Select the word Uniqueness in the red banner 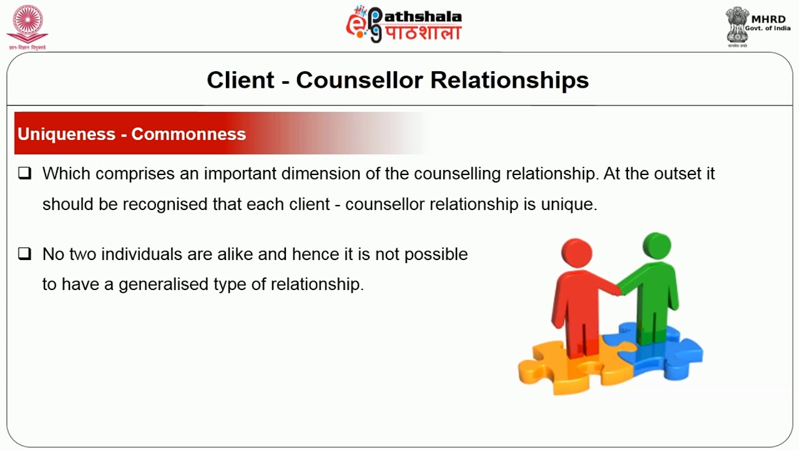tap(67, 134)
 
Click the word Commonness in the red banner tap(189, 134)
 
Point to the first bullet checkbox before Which tap(24, 174)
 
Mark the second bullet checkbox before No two tap(24, 254)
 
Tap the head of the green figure tap(656, 245)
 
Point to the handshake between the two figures tap(618, 289)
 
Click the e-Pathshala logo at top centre tap(404, 24)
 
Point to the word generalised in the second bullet tap(164, 284)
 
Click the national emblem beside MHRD tap(737, 25)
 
